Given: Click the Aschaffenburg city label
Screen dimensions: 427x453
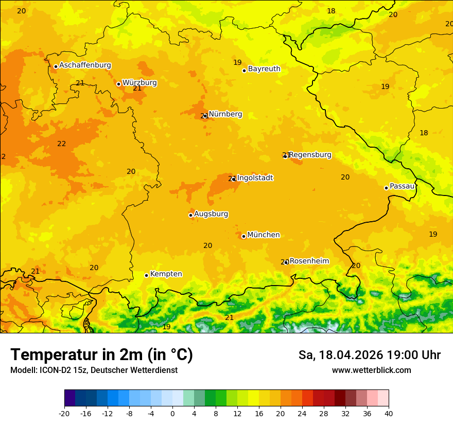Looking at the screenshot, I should (x=85, y=65).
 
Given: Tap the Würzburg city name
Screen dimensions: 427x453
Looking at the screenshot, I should (x=140, y=82).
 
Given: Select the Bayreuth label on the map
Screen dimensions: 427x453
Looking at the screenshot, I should (x=264, y=68).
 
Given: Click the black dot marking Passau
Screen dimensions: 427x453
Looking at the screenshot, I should (x=386, y=188).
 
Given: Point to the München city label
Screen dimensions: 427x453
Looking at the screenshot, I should (x=264, y=235).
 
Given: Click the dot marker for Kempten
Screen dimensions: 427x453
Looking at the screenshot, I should (x=146, y=275).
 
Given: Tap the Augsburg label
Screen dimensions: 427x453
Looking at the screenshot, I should (x=211, y=213).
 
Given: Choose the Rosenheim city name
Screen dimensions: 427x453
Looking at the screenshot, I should (x=309, y=261).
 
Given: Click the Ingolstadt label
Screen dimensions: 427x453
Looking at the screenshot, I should (x=255, y=177).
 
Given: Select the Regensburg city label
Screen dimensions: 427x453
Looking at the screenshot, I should (x=310, y=154).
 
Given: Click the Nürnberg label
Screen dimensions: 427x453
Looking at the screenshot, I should (x=225, y=114).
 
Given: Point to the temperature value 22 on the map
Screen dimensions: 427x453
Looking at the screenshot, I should (x=61, y=144).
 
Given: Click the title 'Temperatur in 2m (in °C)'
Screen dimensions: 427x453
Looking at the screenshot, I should (x=101, y=355).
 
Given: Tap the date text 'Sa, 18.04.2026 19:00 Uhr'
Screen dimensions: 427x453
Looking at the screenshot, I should (x=369, y=355).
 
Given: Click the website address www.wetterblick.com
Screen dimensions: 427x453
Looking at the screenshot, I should (x=371, y=370).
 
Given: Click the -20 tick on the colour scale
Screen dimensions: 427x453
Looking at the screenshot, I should (x=64, y=413).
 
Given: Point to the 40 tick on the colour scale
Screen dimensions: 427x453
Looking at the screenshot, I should (x=389, y=413).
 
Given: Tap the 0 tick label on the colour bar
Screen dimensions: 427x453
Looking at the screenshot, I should (x=172, y=413).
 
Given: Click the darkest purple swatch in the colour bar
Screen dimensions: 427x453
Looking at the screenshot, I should (x=69, y=398).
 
